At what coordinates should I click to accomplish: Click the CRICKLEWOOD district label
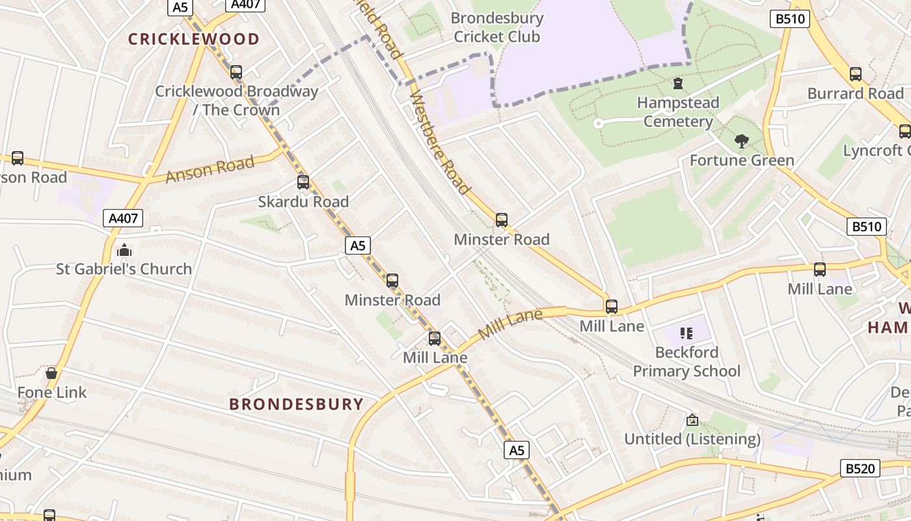click(x=193, y=39)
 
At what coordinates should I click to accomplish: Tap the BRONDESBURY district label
click(x=296, y=404)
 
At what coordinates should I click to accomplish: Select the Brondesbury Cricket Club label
click(x=496, y=27)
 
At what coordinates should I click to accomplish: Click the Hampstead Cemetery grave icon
click(x=678, y=83)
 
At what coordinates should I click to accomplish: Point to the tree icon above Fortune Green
click(x=741, y=141)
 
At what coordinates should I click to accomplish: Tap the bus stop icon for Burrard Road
click(x=856, y=74)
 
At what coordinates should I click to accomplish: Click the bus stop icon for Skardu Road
click(x=303, y=182)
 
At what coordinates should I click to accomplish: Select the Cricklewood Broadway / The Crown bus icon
click(x=236, y=72)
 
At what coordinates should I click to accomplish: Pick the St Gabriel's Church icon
click(x=124, y=250)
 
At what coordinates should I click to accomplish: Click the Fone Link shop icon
click(x=51, y=373)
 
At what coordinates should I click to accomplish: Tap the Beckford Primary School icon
click(x=687, y=333)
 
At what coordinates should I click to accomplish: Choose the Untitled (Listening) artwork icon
click(x=692, y=420)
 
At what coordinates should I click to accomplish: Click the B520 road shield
click(x=860, y=468)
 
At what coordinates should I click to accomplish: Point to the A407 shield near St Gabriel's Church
click(x=123, y=218)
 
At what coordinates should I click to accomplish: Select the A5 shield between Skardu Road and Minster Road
click(x=358, y=246)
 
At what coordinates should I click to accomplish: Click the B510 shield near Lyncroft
click(x=867, y=227)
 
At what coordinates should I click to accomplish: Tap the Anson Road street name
click(x=210, y=169)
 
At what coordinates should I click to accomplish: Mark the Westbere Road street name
click(x=440, y=143)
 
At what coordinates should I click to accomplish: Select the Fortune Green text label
click(x=742, y=160)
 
